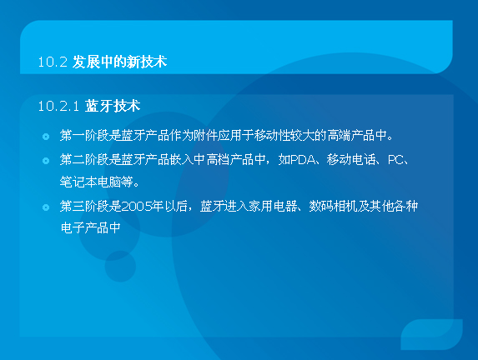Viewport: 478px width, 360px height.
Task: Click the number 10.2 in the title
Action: [x=53, y=62]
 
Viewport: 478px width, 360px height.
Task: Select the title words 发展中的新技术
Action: [x=119, y=62]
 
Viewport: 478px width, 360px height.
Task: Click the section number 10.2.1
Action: [x=58, y=106]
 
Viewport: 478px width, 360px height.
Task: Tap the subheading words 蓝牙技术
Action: [x=113, y=106]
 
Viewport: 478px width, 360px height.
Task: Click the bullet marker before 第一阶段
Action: [x=46, y=137]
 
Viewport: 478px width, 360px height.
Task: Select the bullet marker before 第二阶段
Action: [x=46, y=161]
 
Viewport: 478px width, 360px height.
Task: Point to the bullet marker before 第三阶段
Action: [x=46, y=207]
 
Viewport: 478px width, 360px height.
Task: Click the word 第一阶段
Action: [x=84, y=135]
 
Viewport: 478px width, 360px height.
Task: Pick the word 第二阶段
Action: [x=84, y=159]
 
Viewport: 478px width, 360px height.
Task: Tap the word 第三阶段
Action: [x=84, y=206]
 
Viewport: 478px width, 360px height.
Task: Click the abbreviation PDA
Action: [x=303, y=160]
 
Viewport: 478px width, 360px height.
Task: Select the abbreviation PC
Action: [x=395, y=160]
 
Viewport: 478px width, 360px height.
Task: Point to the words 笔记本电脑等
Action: [x=96, y=182]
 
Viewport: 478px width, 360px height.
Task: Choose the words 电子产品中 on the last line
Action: [x=91, y=227]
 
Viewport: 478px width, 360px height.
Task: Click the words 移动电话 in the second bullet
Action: [x=350, y=159]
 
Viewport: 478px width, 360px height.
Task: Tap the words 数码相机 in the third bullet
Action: [x=333, y=206]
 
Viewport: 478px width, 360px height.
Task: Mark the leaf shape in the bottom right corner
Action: [x=431, y=334]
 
